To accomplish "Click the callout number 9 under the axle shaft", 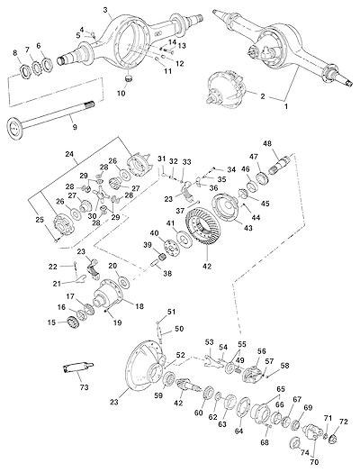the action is pos(75,127).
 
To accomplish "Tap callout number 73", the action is pos(84,386).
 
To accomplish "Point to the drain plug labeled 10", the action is pos(129,79).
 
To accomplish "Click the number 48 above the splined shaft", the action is pos(268,143).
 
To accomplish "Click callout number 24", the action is pos(69,154).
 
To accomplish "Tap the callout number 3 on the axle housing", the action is pos(105,10).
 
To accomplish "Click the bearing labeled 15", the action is pos(73,323).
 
